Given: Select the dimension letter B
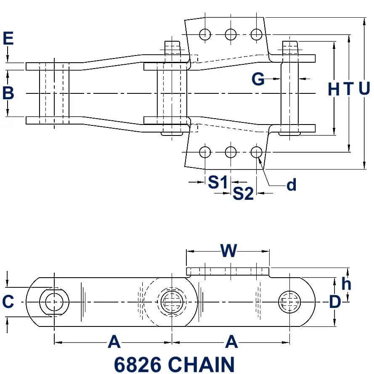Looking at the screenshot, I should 8,93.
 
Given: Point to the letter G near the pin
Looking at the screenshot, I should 258,79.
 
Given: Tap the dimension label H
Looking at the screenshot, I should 333,89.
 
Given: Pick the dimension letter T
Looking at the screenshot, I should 349,89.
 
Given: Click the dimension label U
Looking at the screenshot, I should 364,89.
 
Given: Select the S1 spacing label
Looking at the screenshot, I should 218,182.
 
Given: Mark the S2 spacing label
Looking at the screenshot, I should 243,193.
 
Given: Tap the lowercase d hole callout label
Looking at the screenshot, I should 291,185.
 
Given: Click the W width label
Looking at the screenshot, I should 229,251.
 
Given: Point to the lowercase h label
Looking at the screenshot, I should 346,284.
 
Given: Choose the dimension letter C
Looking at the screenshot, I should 8,302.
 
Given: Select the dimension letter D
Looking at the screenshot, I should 334,302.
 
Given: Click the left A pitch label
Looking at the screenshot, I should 114,342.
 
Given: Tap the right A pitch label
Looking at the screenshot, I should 231,342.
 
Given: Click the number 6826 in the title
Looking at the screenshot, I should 137,364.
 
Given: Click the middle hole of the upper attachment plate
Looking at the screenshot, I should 231,34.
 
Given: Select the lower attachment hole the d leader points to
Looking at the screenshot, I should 256,151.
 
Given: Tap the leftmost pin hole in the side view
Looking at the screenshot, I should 54,301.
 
